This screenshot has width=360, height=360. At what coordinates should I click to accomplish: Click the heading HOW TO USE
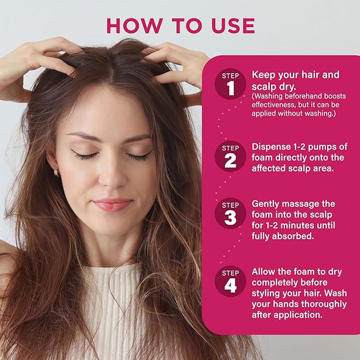pyautogui.click(x=180, y=25)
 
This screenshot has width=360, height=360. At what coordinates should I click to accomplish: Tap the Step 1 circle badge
pyautogui.click(x=231, y=84)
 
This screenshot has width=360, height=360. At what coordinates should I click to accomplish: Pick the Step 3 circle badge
pyautogui.click(x=231, y=214)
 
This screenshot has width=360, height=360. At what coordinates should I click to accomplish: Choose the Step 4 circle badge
pyautogui.click(x=231, y=282)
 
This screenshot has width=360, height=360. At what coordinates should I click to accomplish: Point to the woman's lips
pyautogui.click(x=112, y=204)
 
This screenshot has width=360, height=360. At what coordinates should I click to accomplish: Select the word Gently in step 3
pyautogui.click(x=267, y=204)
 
